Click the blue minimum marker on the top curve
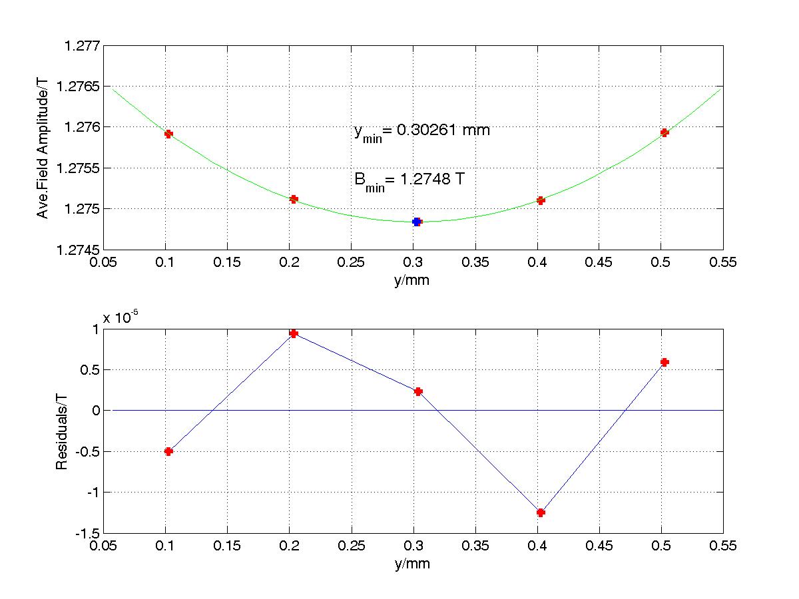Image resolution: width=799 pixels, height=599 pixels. pos(417,222)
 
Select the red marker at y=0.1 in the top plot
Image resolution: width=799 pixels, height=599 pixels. pos(168,134)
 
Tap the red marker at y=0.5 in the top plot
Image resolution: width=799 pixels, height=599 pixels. pos(665,132)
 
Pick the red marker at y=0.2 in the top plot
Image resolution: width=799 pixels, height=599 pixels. pos(294,199)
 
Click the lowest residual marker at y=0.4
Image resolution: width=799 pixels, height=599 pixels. pos(541,512)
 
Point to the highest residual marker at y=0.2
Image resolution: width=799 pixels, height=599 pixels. pos(294,333)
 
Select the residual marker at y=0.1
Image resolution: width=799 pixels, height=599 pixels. pos(168,451)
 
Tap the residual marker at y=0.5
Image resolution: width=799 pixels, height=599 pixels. pos(665,362)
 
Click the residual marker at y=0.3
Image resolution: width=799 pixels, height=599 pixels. pos(418,391)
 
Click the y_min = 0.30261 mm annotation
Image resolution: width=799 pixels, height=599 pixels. pos(421,131)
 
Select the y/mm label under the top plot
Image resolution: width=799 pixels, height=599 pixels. pos(411,280)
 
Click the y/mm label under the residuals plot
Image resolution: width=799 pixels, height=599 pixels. pos(411,564)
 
